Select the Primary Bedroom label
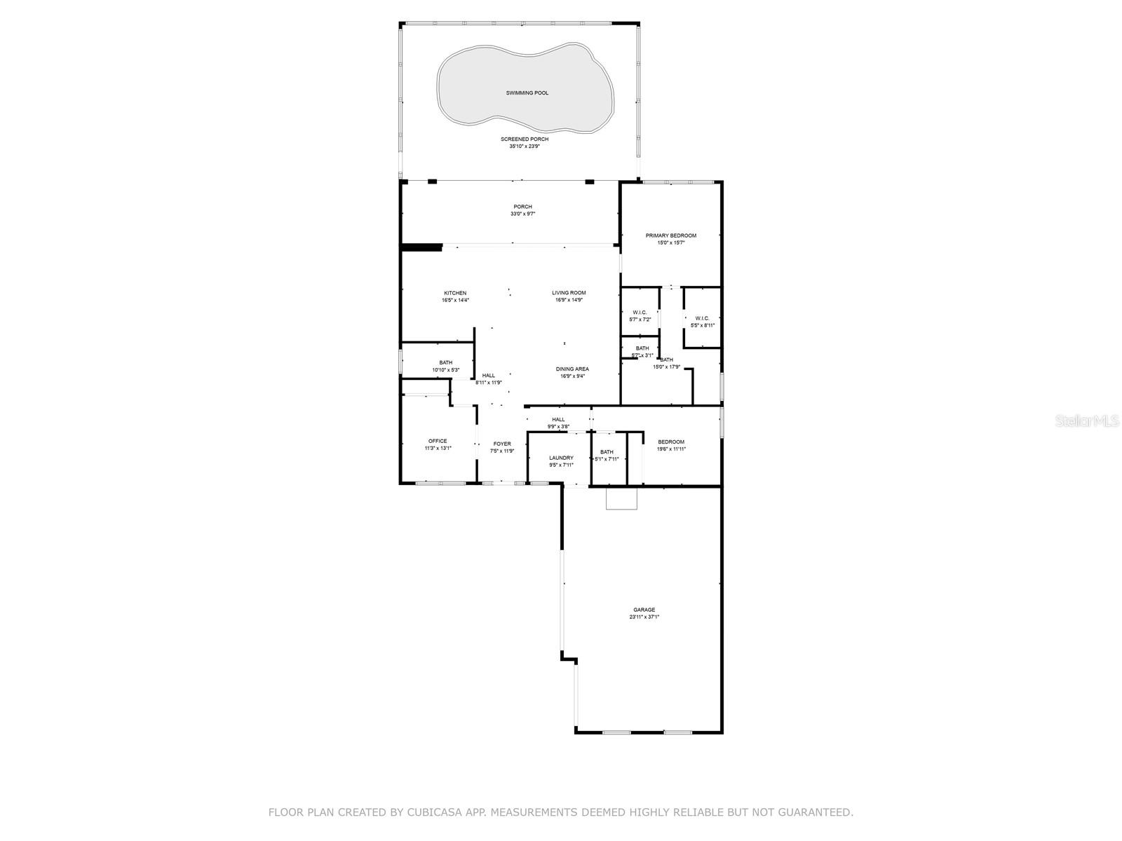(x=671, y=235)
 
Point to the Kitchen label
(x=455, y=293)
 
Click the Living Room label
(x=569, y=293)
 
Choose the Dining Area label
(x=572, y=369)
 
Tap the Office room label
(x=438, y=441)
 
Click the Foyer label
(x=502, y=444)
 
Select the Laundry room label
(x=561, y=458)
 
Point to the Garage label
(x=644, y=610)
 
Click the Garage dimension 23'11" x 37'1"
(x=644, y=617)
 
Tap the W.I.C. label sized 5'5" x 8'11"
(x=702, y=318)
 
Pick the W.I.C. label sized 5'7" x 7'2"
(x=640, y=313)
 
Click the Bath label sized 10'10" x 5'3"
(x=446, y=362)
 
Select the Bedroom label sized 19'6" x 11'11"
(x=671, y=442)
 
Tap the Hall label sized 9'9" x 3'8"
(x=558, y=420)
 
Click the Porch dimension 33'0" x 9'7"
(x=522, y=214)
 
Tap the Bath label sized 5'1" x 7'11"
(x=607, y=452)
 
